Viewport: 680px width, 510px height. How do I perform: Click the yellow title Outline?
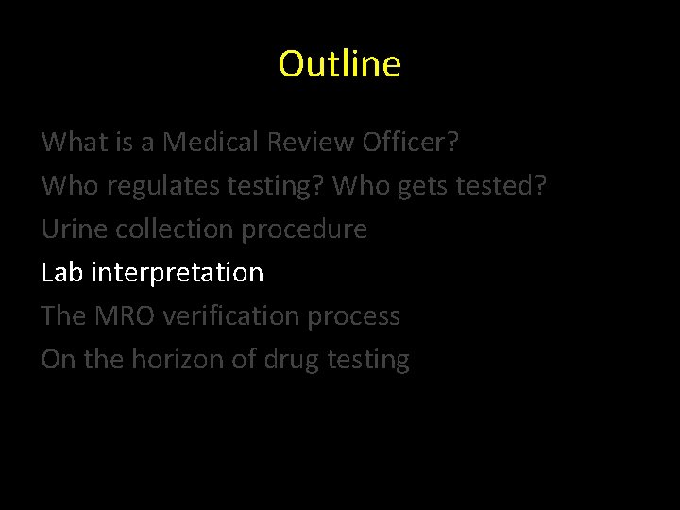(x=340, y=64)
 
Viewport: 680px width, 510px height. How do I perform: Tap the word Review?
(x=313, y=143)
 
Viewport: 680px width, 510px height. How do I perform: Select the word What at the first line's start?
(x=74, y=143)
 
